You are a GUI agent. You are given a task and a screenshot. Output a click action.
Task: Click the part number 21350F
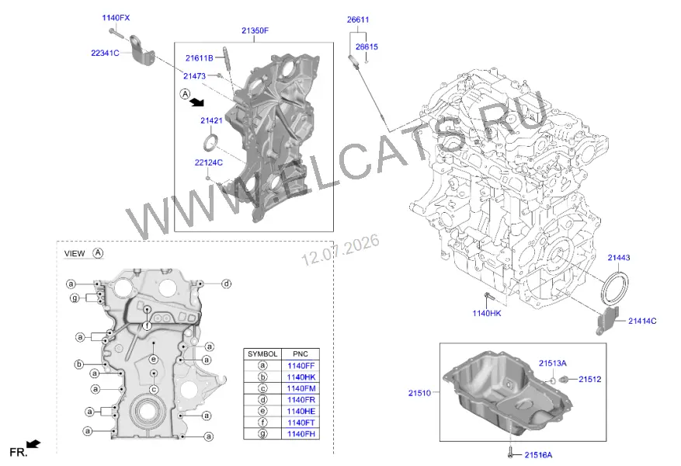click(255, 30)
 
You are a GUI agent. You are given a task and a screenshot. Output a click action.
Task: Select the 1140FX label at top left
click(116, 18)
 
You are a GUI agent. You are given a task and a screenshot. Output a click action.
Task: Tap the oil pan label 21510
click(419, 393)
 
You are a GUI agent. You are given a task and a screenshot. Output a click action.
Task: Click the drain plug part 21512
click(565, 380)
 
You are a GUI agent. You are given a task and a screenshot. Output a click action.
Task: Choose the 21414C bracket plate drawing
click(607, 321)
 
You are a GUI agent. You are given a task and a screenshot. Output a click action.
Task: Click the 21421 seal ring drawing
click(211, 143)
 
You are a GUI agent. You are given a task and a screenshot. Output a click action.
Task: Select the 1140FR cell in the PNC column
click(301, 400)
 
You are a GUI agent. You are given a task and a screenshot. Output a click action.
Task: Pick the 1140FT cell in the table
click(301, 423)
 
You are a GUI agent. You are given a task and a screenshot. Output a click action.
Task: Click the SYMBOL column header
click(262, 354)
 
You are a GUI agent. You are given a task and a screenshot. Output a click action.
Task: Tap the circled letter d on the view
click(226, 283)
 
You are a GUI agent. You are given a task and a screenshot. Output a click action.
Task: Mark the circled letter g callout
click(75, 298)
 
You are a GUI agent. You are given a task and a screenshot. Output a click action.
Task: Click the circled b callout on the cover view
click(79, 364)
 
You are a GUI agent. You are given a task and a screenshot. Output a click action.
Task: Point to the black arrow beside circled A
click(197, 102)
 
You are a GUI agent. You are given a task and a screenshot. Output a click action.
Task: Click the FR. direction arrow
click(33, 443)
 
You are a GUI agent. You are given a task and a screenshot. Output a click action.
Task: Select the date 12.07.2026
click(340, 250)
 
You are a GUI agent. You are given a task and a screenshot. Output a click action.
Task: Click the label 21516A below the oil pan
click(538, 454)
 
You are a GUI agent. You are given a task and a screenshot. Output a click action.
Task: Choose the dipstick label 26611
click(358, 19)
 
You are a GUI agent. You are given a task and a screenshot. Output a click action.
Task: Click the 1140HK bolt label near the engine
click(487, 313)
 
